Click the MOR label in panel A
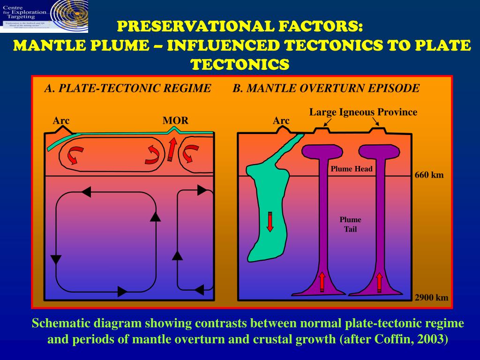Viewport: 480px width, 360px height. pyautogui.click(x=175, y=120)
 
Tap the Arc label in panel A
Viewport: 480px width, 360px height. pyautogui.click(x=61, y=120)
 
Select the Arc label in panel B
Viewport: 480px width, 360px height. pyautogui.click(x=281, y=121)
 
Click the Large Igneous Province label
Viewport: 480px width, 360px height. pyautogui.click(x=363, y=112)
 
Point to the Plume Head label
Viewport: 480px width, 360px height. pyautogui.click(x=352, y=169)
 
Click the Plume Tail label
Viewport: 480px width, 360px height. pyautogui.click(x=351, y=225)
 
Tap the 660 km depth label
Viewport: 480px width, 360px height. pyautogui.click(x=429, y=175)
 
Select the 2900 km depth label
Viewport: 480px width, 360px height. pyautogui.click(x=432, y=298)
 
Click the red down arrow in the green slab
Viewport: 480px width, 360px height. pyautogui.click(x=270, y=222)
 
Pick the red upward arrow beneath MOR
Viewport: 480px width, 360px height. pyautogui.click(x=172, y=149)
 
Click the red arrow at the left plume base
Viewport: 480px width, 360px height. pyautogui.click(x=322, y=281)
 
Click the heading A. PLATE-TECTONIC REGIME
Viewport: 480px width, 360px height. pyautogui.click(x=127, y=88)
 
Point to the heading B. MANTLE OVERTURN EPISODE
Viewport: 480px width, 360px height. pyautogui.click(x=326, y=88)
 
